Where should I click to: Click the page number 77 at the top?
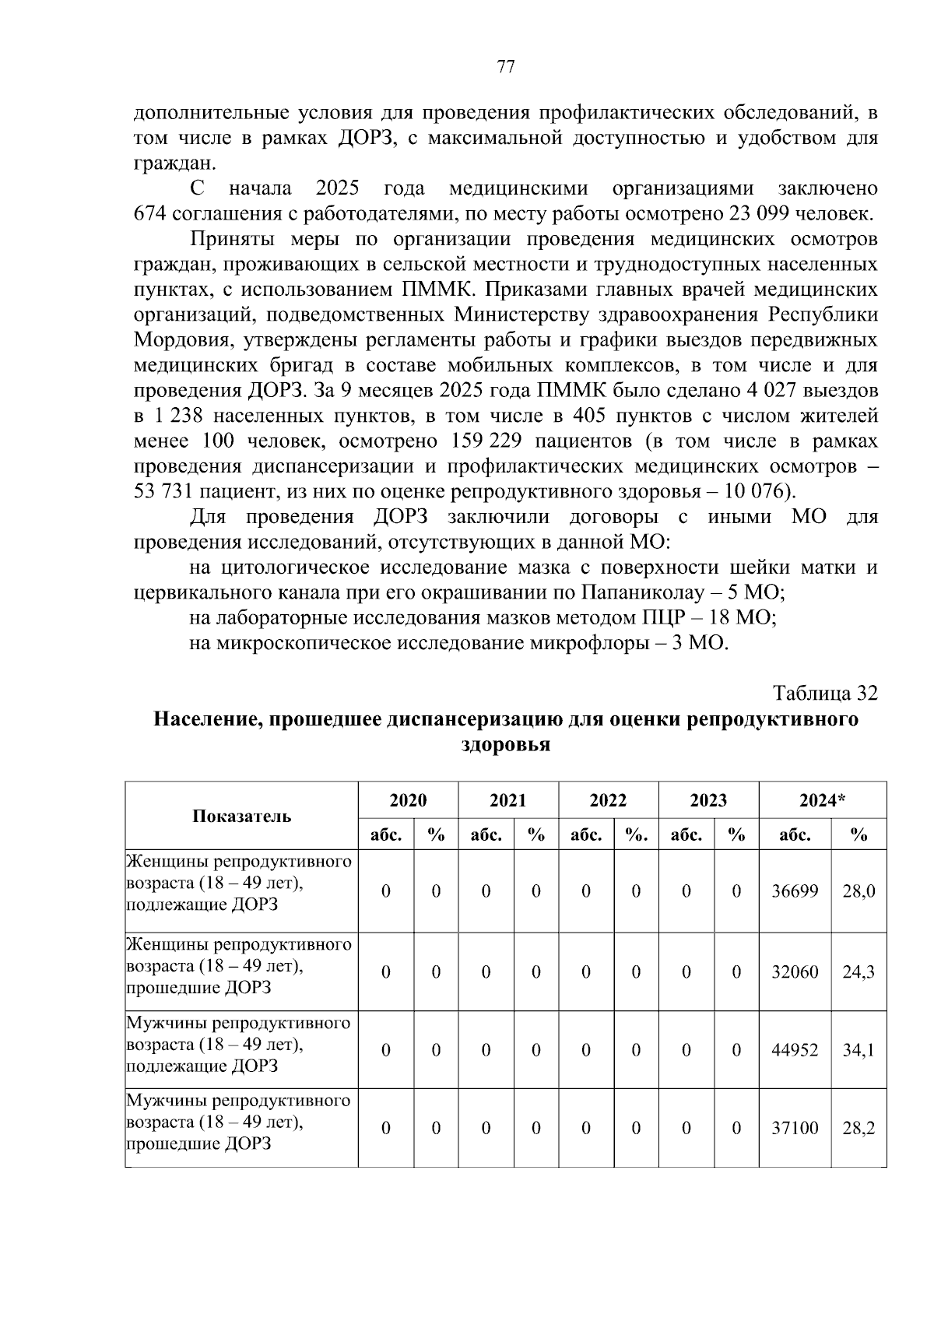tap(505, 67)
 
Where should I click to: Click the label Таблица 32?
tap(824, 693)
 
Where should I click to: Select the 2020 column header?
tap(408, 800)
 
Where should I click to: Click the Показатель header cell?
tap(241, 816)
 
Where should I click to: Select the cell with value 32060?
tap(794, 972)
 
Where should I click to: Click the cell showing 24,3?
tap(858, 972)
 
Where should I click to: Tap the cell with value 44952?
tap(794, 1050)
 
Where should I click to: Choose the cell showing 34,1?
tap(858, 1050)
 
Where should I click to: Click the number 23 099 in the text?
tap(757, 214)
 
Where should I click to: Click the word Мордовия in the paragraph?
tap(183, 340)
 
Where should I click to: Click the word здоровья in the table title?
tap(506, 745)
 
